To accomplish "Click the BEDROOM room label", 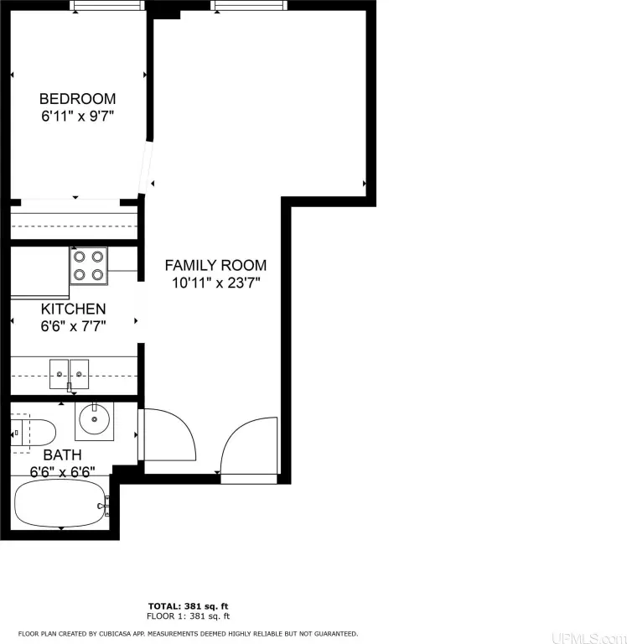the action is pos(78,99).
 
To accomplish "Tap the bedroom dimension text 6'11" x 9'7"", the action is pos(78,117).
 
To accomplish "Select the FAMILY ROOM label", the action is pos(215,265).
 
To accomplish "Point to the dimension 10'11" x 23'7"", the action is pos(216,283).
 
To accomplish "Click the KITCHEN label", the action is pos(74,309).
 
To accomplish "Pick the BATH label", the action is pos(62,455).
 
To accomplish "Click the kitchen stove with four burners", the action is pos(89,266).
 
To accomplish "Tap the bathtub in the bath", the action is pos(60,504).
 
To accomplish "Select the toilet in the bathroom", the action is pos(34,433).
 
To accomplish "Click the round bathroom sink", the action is pos(95,420).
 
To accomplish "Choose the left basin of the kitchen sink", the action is pos(60,374).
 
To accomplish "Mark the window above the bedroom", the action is pos(107,5).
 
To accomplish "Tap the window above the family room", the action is pos(249,5).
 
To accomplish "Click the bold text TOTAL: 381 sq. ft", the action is pos(188,606).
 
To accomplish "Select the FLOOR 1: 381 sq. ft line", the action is pos(188,616).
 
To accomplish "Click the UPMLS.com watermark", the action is pos(588,638).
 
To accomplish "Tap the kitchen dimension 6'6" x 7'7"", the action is pos(74,326).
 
